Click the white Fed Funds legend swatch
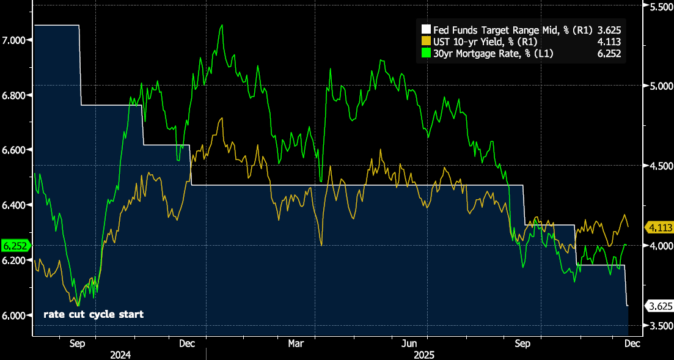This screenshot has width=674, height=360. [426, 29]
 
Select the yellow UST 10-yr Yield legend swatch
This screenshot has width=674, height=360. [426, 42]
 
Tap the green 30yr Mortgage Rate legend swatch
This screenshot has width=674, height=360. [426, 54]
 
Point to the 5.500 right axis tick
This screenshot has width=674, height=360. [659, 7]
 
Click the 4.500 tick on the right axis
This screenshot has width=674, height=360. [659, 166]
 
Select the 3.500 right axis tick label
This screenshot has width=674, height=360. [659, 326]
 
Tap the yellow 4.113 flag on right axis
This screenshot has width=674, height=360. [659, 227]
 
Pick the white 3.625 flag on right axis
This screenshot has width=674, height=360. [659, 306]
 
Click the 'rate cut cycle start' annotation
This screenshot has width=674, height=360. [93, 315]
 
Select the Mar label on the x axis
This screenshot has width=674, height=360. [296, 343]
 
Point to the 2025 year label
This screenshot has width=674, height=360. [423, 354]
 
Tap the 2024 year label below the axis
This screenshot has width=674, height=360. [120, 354]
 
